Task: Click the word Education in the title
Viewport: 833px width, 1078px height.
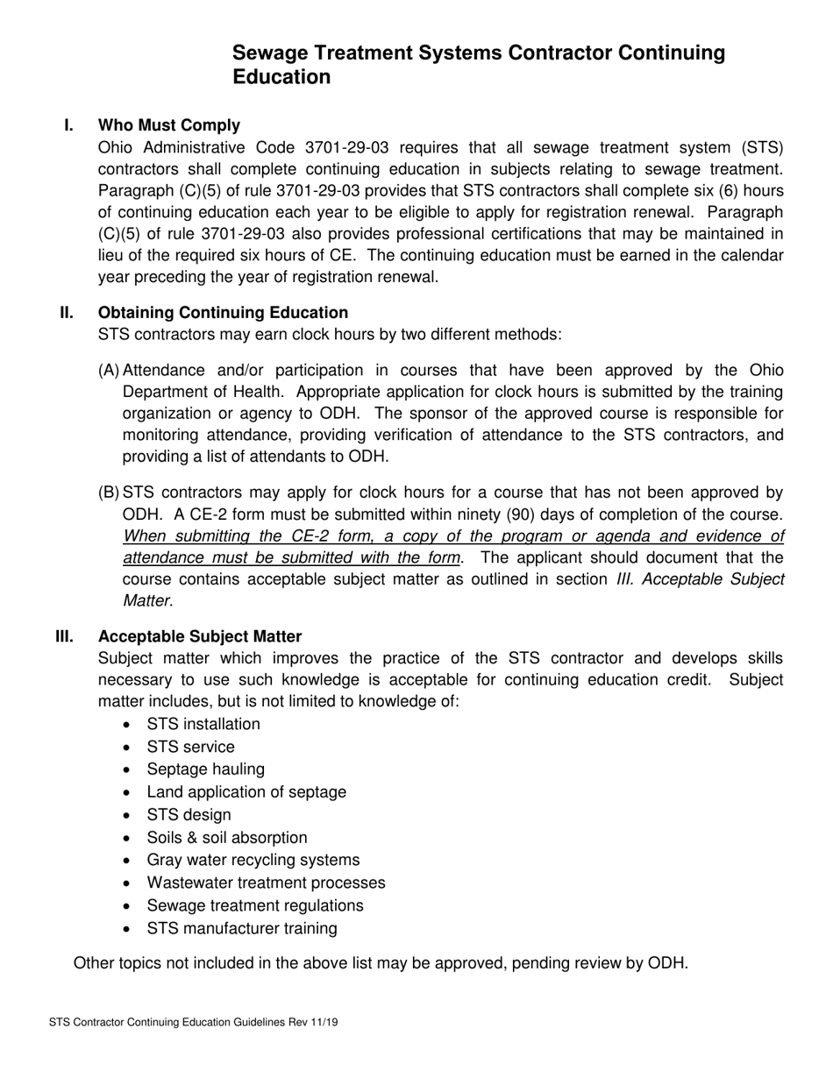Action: pos(281,77)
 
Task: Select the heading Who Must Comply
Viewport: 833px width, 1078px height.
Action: pos(169,125)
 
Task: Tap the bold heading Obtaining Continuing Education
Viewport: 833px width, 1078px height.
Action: pos(223,313)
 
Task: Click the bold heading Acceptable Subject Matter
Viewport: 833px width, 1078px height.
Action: pos(200,636)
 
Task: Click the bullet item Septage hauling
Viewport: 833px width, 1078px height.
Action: pos(205,769)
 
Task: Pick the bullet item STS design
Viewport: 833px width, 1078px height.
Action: pos(189,815)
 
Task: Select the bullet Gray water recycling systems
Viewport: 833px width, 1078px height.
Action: pos(253,861)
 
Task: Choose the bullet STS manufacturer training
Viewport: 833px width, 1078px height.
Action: pos(241,929)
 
